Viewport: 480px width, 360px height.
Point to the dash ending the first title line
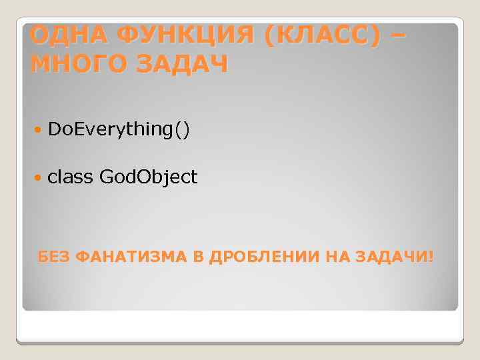(x=395, y=33)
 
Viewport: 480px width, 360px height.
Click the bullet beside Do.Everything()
(x=38, y=129)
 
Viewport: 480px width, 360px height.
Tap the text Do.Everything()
(x=119, y=129)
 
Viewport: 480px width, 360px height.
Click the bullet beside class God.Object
(x=38, y=177)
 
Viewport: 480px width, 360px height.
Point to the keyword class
(x=71, y=177)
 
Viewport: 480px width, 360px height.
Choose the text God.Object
(x=148, y=177)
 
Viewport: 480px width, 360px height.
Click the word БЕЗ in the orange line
(x=54, y=257)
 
